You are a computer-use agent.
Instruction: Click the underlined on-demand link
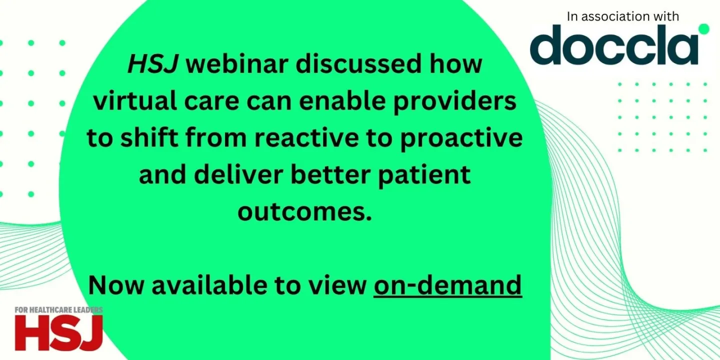[447, 285]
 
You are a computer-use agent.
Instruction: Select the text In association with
[622, 16]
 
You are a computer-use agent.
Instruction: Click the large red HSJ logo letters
[58, 332]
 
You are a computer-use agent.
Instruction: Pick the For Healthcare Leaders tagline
[58, 310]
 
